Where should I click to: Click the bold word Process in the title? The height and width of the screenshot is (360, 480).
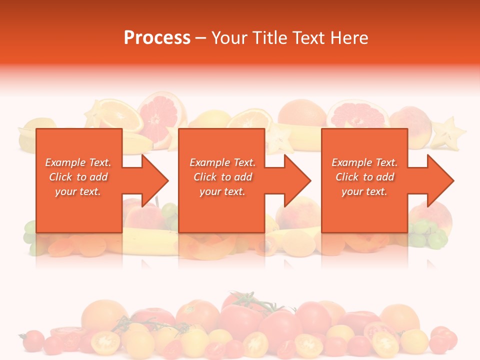point(157,37)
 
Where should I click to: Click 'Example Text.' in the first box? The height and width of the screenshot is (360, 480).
point(78,162)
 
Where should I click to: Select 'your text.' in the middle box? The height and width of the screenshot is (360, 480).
point(222,191)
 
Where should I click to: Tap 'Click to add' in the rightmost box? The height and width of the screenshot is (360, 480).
point(364,177)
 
